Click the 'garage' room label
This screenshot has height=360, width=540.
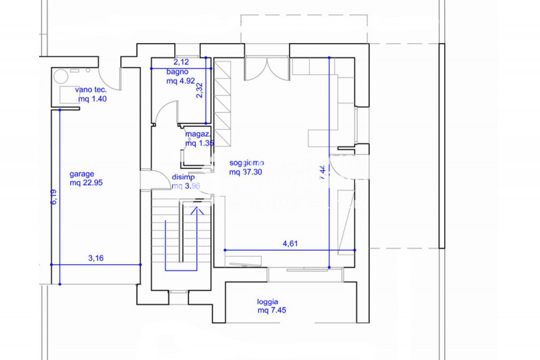82,173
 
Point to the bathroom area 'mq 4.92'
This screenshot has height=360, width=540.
180,80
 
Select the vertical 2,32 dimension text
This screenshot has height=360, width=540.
199,91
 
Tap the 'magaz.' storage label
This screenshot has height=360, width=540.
199,134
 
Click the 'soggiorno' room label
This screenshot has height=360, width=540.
246,163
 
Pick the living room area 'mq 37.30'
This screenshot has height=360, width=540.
246,172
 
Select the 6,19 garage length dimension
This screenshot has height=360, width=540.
53,197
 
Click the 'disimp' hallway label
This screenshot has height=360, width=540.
183,176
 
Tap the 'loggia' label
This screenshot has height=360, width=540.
268,302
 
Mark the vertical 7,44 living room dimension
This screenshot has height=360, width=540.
323,171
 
